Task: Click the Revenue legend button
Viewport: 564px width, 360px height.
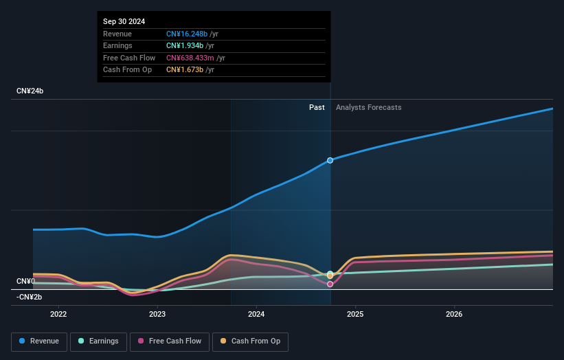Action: pyautogui.click(x=39, y=341)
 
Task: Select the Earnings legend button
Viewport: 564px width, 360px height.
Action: pyautogui.click(x=98, y=341)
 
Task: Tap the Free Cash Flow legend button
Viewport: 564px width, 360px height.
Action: pyautogui.click(x=170, y=341)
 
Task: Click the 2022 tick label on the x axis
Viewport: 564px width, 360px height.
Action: pyautogui.click(x=59, y=315)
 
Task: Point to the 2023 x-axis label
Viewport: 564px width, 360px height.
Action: pyautogui.click(x=157, y=315)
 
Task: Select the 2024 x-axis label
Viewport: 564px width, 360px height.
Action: pyautogui.click(x=256, y=315)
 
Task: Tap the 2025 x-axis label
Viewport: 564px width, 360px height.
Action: pyautogui.click(x=355, y=315)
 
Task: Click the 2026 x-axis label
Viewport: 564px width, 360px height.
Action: pyautogui.click(x=454, y=315)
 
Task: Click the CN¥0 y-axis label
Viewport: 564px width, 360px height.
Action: pyautogui.click(x=25, y=281)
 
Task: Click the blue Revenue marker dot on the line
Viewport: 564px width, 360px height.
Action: pyautogui.click(x=330, y=160)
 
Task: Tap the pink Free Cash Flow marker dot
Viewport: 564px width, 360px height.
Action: pyautogui.click(x=330, y=284)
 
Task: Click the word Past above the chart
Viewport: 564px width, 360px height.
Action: pyautogui.click(x=317, y=107)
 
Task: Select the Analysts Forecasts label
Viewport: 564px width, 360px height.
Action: pyautogui.click(x=368, y=107)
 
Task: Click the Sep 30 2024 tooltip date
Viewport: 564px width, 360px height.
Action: pyautogui.click(x=126, y=22)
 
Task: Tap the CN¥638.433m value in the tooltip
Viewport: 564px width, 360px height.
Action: pyautogui.click(x=195, y=58)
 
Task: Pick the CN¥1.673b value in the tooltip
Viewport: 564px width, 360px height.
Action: pyautogui.click(x=188, y=69)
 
